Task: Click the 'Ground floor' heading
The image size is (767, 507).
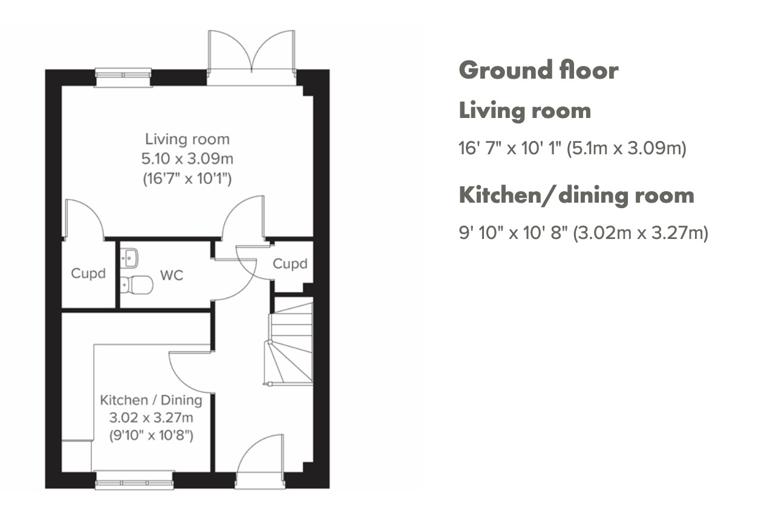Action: point(538,71)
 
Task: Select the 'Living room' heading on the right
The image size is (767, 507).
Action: point(524,111)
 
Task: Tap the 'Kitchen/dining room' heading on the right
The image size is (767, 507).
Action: point(576,195)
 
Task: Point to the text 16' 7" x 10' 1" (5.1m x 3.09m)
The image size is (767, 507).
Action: point(572,148)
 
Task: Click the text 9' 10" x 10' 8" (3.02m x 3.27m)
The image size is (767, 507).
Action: point(583,232)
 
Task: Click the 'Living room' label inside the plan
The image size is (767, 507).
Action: point(188,139)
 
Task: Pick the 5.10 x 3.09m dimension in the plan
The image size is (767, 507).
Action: point(188,159)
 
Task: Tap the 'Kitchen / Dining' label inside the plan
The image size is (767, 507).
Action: point(151,400)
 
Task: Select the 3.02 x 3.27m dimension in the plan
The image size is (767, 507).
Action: point(151,417)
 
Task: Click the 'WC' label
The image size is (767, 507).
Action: point(172,275)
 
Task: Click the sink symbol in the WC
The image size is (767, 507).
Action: point(130,258)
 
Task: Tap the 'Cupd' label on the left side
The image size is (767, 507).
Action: point(88,273)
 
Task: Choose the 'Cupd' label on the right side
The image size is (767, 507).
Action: point(290,264)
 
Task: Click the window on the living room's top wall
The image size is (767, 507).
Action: point(123,76)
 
